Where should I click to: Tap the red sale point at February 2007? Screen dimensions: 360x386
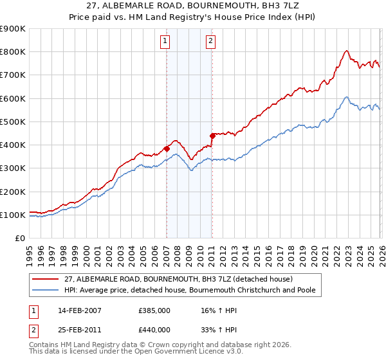point(167,148)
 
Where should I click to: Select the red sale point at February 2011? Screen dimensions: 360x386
point(212,136)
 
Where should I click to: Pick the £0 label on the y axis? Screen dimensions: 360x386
point(20,238)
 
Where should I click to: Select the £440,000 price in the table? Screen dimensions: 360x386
point(154,329)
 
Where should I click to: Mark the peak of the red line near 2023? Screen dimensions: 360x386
point(346,51)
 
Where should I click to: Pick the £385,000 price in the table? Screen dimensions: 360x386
point(154,310)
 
